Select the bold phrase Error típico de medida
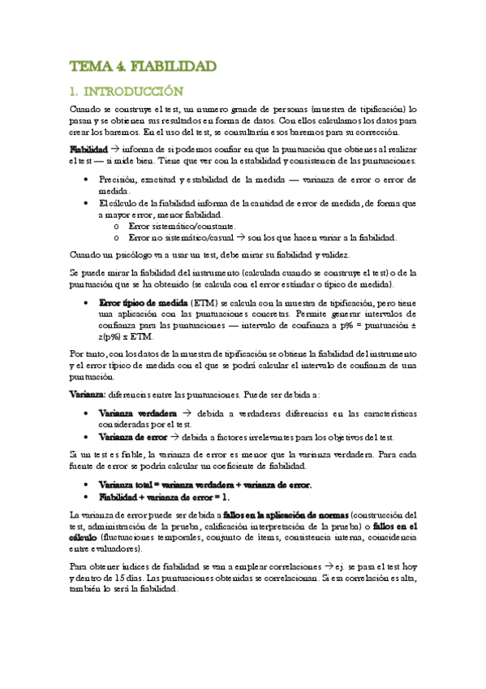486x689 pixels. pyautogui.click(x=144, y=301)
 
